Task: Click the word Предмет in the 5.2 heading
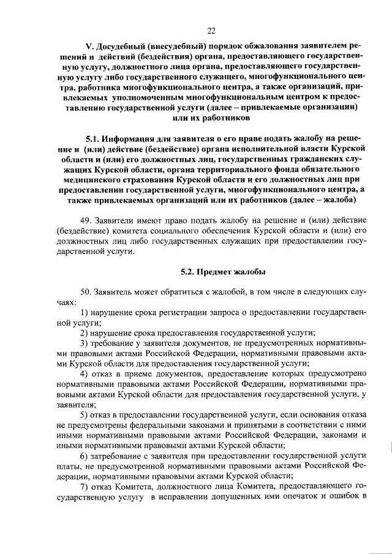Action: tap(210, 271)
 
